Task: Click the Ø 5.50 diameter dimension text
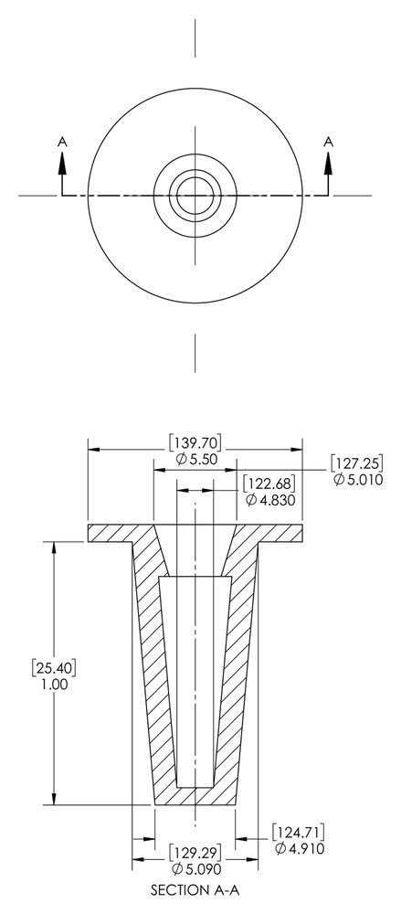point(195,460)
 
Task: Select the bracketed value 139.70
point(195,443)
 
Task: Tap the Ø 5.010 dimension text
point(358,480)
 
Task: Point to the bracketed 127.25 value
point(357,464)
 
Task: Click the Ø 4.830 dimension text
point(270,500)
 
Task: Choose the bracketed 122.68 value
point(269,484)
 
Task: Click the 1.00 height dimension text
point(54,685)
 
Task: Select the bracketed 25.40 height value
point(54,668)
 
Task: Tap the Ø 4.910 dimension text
point(300,849)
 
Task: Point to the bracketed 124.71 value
point(299,832)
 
